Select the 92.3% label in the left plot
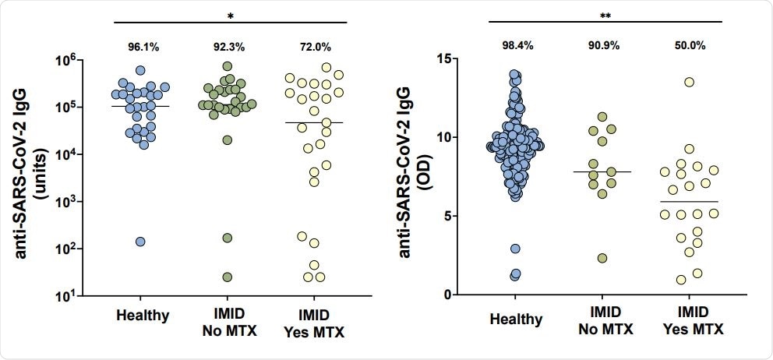pyautogui.click(x=228, y=48)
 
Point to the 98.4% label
pyautogui.click(x=515, y=45)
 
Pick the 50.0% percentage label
pyautogui.click(x=690, y=45)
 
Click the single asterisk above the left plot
pyautogui.click(x=229, y=16)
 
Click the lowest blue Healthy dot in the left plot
pyautogui.click(x=141, y=242)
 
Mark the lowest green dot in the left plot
pyautogui.click(x=228, y=277)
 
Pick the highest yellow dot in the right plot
pyautogui.click(x=689, y=82)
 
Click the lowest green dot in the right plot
pyautogui.click(x=602, y=258)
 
